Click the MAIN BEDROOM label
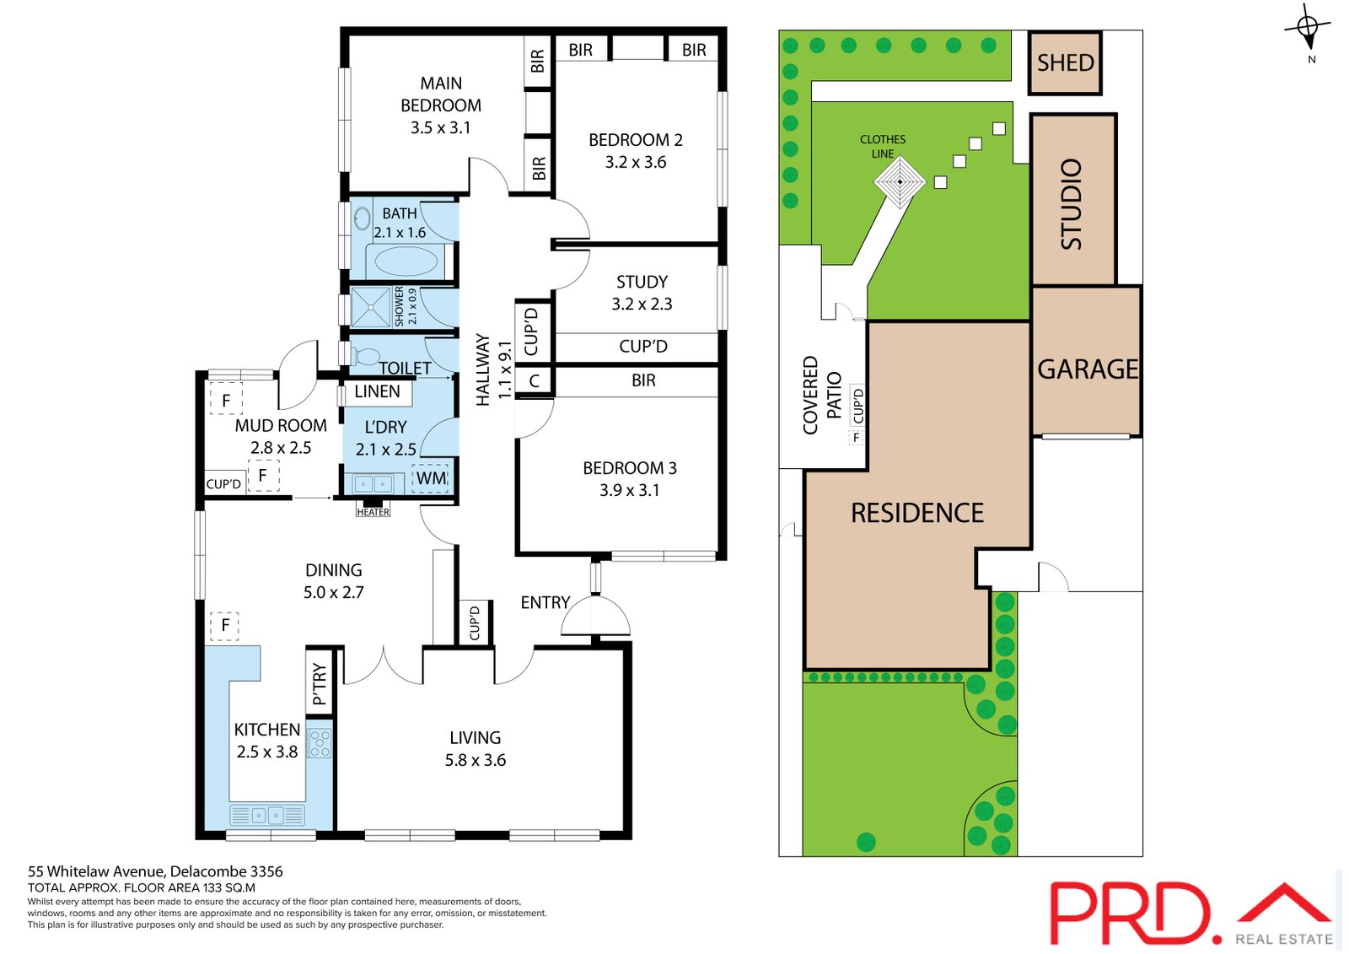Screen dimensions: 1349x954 point(441,94)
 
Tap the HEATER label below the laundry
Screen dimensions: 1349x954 point(373,512)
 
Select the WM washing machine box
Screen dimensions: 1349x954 point(431,478)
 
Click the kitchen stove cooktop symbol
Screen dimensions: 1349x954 point(319,743)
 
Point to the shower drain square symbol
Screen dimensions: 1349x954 point(371,308)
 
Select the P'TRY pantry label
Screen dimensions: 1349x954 point(320,683)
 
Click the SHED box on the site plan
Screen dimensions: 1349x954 point(1065,62)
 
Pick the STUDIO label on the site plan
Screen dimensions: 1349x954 point(1072,204)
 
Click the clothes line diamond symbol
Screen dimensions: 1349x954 point(899,181)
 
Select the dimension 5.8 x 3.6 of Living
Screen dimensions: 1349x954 point(476,760)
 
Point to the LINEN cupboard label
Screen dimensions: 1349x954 point(377,391)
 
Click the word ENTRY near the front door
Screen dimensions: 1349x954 point(545,602)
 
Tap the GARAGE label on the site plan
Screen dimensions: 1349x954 point(1088,369)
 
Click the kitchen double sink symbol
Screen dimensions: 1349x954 point(266,816)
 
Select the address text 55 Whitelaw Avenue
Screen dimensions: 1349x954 point(96,871)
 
